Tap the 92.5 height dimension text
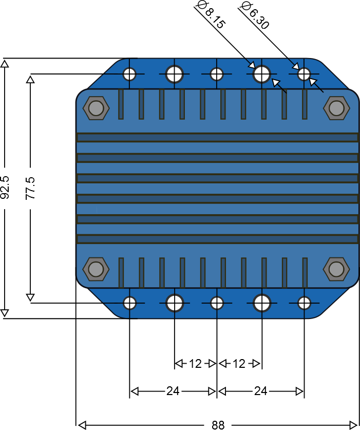pos(5,188)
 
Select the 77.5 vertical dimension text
pos(30,188)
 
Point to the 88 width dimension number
pos(218,425)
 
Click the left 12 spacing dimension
pos(196,364)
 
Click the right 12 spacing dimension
pos(239,364)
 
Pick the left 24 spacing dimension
pos(173,391)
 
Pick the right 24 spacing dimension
pos(260,391)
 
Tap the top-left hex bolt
pos(96,108)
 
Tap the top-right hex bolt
pos(336,108)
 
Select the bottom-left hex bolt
pos(96,269)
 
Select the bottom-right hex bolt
pos(336,269)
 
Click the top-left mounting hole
pos(129,74)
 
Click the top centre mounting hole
pos(217,74)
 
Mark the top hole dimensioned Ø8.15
pos(262,74)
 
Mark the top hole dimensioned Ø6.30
pos(304,74)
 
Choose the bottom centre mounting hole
pos(217,303)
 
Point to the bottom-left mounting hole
pos(129,303)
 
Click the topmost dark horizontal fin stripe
pos(218,137)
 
